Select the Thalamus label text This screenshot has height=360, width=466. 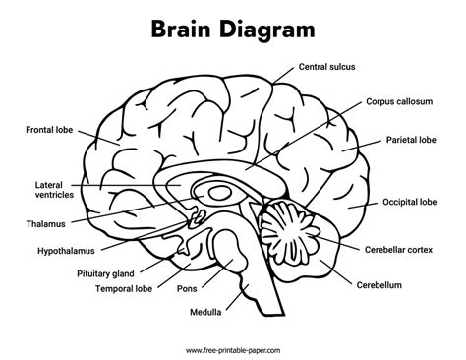(x=45, y=224)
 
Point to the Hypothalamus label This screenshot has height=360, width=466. (x=66, y=252)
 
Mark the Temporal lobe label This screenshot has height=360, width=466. (x=123, y=290)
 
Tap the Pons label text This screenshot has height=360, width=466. (x=188, y=290)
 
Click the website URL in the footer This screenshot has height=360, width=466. (x=233, y=349)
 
